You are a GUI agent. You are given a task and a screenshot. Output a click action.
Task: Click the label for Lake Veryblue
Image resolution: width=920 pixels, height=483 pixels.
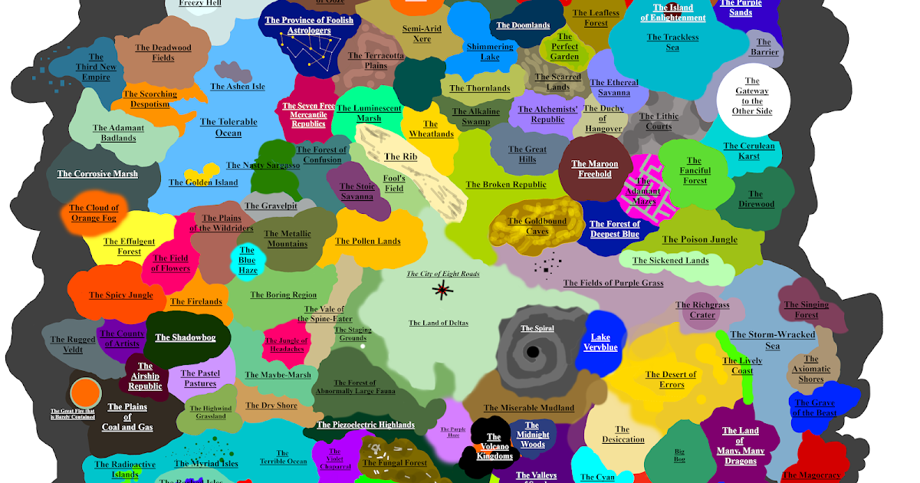point(600,342)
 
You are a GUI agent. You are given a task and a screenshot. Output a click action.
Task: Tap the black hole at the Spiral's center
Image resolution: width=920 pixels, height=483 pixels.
point(531,353)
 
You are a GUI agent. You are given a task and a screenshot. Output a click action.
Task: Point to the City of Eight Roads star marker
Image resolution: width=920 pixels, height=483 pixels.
point(442,289)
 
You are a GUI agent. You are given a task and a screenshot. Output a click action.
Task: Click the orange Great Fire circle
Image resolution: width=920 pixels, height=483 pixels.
point(85,393)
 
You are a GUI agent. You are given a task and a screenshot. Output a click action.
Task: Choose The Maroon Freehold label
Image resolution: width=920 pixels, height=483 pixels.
point(595,169)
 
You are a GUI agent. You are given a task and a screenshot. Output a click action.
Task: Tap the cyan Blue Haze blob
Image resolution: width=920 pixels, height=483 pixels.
point(248,261)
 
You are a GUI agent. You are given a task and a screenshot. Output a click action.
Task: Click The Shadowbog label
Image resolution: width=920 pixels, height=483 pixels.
point(186,337)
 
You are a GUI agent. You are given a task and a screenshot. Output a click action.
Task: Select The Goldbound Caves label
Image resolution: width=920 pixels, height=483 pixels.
point(537,226)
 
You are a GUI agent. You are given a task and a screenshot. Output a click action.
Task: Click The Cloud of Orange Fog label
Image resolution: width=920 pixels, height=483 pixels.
point(94,212)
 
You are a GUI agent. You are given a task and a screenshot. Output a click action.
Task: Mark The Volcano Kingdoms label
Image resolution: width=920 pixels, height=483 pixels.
point(495,447)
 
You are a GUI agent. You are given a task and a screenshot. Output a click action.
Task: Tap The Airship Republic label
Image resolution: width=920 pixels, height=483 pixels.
point(145,376)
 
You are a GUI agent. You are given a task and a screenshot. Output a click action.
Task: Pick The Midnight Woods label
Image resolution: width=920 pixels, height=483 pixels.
point(532,435)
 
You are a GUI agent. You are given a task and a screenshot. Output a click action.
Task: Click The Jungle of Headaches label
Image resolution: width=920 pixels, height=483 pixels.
point(286,345)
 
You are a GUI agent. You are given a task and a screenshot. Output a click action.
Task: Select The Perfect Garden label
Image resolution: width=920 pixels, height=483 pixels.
point(565,47)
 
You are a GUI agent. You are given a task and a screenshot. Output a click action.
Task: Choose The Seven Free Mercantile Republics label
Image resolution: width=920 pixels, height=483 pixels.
point(309,115)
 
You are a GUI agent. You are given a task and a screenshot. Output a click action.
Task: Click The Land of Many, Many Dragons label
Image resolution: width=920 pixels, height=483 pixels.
point(740,445)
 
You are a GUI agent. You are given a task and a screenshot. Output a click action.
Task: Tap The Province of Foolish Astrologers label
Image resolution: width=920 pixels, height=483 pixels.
point(309,25)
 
